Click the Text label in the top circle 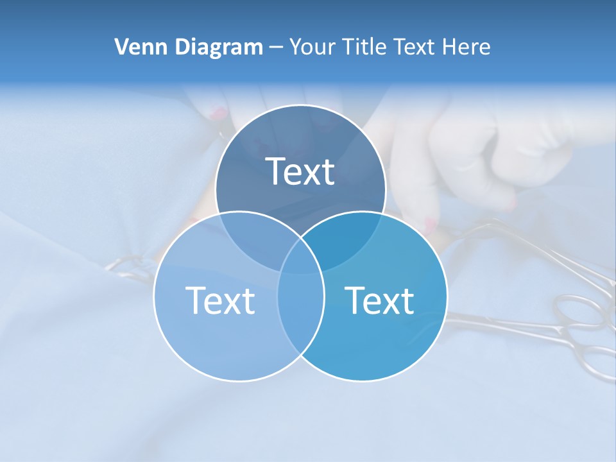point(300,171)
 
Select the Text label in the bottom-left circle point(220,300)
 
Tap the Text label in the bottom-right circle point(379,300)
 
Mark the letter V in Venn point(121,47)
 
